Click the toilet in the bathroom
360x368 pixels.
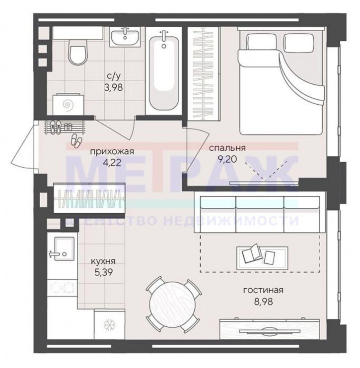coord(78,52)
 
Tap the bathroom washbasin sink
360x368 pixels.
coord(125,37)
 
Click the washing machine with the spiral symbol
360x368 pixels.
coord(69,105)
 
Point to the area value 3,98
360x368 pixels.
coord(114,88)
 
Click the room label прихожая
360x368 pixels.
coord(112,152)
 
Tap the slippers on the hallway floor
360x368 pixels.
coord(76,140)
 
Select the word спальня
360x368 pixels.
coord(227,148)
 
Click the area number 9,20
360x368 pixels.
coord(227,159)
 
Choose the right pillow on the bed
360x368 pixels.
coord(299,43)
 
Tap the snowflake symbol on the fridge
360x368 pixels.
coord(110,324)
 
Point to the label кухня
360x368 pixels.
coord(103,261)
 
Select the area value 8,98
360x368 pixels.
coord(263,301)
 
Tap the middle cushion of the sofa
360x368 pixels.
coord(260,214)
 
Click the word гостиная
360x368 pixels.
coord(263,290)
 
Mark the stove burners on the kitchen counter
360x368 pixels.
coord(62,287)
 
